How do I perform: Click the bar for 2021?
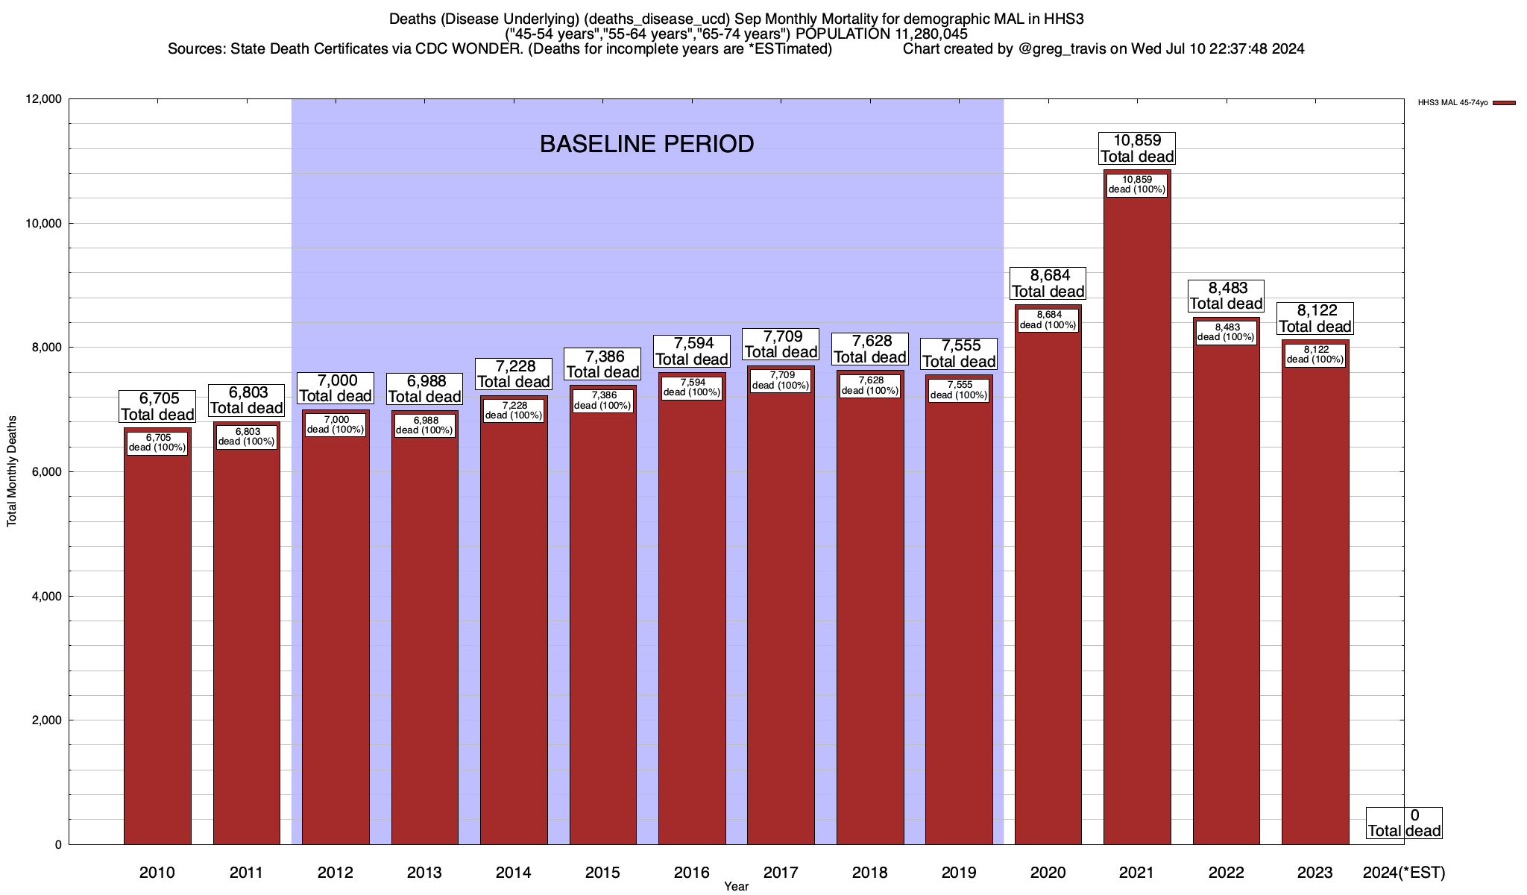click(x=1137, y=522)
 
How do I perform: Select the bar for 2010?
click(x=157, y=649)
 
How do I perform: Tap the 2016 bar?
click(x=692, y=619)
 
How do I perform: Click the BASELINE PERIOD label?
click(x=646, y=144)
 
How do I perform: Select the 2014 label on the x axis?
click(x=514, y=873)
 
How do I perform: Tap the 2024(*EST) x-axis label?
click(x=1403, y=873)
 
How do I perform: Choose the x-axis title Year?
click(x=736, y=887)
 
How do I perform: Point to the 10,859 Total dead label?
click(x=1137, y=148)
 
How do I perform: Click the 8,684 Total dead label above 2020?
click(x=1048, y=283)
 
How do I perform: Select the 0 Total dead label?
click(x=1404, y=823)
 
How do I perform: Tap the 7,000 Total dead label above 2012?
click(x=336, y=389)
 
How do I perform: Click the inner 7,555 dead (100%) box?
click(x=959, y=390)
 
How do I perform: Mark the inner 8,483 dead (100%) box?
click(x=1226, y=332)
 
